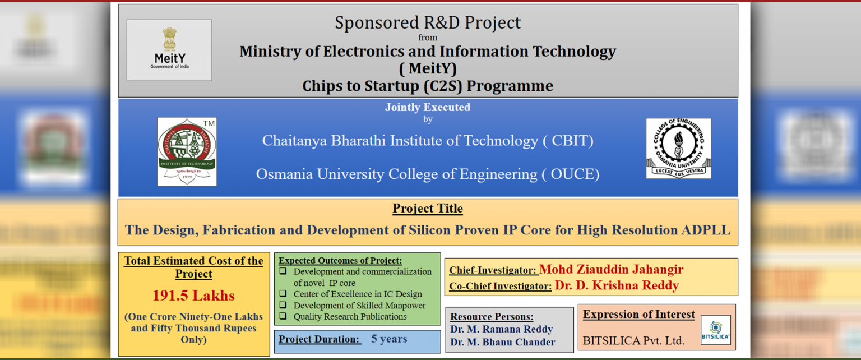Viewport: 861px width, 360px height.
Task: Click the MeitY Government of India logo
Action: click(169, 50)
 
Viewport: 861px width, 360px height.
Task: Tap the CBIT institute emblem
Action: click(187, 151)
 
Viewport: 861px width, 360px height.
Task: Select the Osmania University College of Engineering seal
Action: click(679, 149)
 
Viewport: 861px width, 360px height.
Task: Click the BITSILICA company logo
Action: click(716, 330)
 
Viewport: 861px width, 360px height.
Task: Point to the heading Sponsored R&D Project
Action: click(428, 22)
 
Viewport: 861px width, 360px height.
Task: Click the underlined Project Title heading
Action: click(428, 209)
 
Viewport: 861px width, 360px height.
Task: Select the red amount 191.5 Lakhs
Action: click(194, 296)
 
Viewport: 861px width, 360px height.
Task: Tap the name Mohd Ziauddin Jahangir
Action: click(611, 269)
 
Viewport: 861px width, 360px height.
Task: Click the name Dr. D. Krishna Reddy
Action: click(617, 285)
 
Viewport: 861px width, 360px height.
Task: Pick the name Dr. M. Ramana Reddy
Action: click(502, 329)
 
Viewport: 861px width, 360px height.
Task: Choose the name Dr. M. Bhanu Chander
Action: click(503, 342)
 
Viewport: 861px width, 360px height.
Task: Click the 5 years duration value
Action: click(389, 339)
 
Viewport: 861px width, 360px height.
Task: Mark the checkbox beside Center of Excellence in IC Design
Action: click(283, 294)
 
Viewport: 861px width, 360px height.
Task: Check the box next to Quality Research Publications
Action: click(283, 316)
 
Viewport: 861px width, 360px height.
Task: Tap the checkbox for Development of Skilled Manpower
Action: click(283, 305)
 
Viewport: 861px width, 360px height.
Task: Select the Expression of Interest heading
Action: click(639, 315)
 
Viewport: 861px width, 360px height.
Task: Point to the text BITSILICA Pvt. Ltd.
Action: click(633, 341)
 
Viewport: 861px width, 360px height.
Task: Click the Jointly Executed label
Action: click(428, 107)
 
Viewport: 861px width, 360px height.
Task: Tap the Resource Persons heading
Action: click(492, 316)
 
